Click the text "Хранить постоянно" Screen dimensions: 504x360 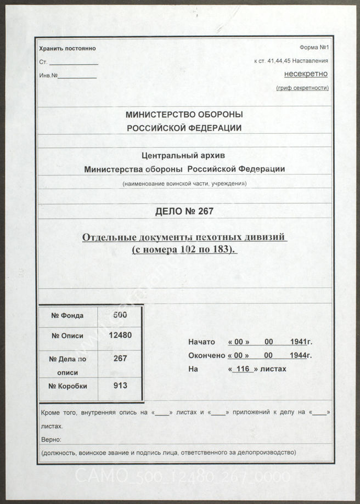(x=67, y=48)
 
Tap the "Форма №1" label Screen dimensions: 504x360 (x=314, y=48)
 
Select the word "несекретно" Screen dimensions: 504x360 (x=306, y=73)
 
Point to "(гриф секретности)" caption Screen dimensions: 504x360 (x=302, y=88)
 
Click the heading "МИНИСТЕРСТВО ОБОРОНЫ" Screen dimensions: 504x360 (x=184, y=115)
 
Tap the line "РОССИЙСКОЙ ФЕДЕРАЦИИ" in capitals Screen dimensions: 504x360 (x=184, y=128)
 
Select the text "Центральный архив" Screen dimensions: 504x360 (x=183, y=156)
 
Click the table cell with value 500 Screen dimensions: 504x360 (x=120, y=315)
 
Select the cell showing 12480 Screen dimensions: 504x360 (x=120, y=335)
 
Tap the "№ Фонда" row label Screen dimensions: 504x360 (x=67, y=315)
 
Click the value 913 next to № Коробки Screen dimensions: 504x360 (x=120, y=385)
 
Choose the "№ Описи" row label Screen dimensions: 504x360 (x=67, y=335)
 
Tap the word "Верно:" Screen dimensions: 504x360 (x=51, y=440)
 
